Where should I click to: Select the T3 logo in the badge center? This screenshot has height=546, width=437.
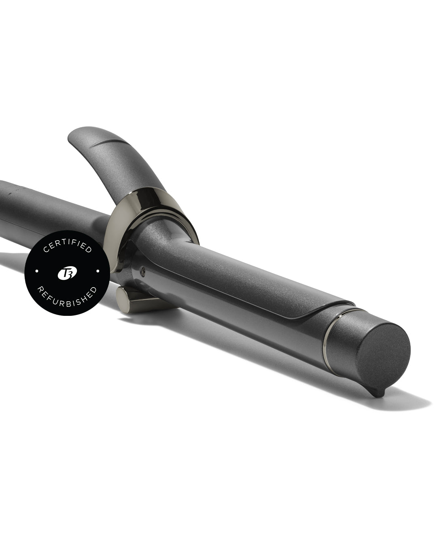click(x=67, y=273)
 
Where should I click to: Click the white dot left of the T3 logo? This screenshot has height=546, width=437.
click(x=37, y=271)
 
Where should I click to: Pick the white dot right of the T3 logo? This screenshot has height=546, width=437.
click(x=98, y=271)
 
